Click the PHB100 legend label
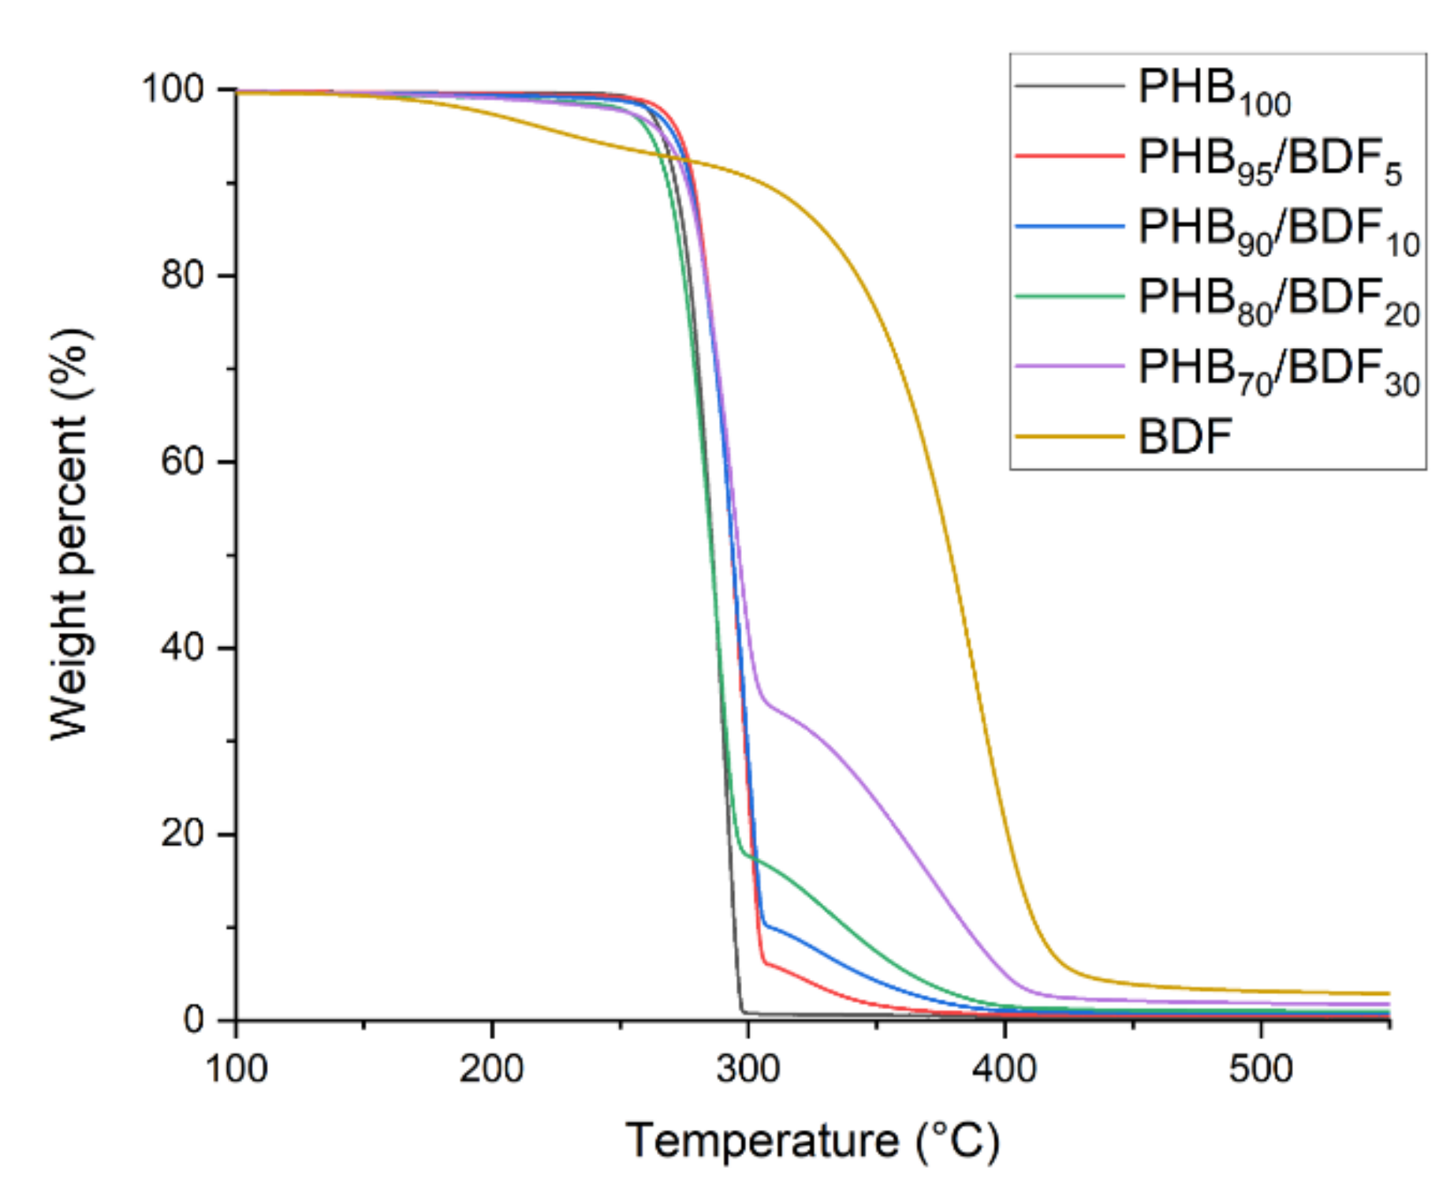pyautogui.click(x=1213, y=91)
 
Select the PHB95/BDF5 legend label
pyautogui.click(x=1269, y=160)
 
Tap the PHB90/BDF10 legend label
pyautogui.click(x=1277, y=230)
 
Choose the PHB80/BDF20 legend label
pyautogui.click(x=1277, y=301)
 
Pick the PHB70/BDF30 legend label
pyautogui.click(x=1277, y=371)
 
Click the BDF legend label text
pyautogui.click(x=1184, y=436)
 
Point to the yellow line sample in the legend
pyautogui.click(x=1069, y=436)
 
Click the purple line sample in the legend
pyautogui.click(x=1069, y=366)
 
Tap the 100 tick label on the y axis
pyautogui.click(x=173, y=89)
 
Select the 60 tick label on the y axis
pyautogui.click(x=182, y=462)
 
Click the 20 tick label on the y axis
pyautogui.click(x=182, y=834)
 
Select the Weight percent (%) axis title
pyautogui.click(x=69, y=534)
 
